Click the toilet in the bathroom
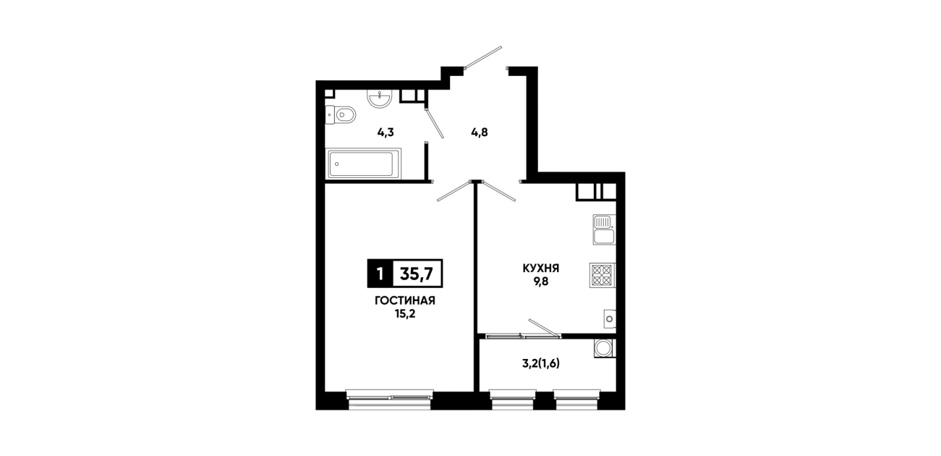coord(341,115)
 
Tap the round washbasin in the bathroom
coord(379,99)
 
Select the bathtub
coord(363,164)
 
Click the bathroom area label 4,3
coord(386,132)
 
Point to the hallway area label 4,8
coord(480,132)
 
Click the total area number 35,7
coord(417,274)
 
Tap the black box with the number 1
coord(380,274)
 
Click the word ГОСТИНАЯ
coord(405,301)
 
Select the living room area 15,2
coord(405,314)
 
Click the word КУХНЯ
coord(541,268)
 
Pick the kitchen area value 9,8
coord(541,281)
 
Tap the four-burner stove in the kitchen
coord(603,275)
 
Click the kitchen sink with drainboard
coord(604,229)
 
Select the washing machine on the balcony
coord(605,348)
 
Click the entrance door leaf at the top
coord(482,56)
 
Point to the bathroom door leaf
coord(434,123)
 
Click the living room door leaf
coord(454,191)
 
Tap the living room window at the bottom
coord(390,400)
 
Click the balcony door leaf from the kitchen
coord(545,328)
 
